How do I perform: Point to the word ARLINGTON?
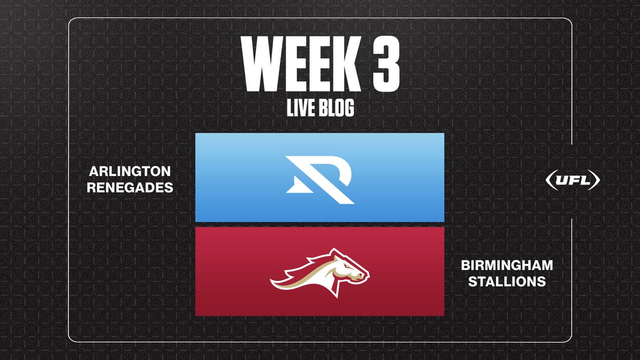tap(130, 172)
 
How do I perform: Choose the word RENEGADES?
tap(130, 188)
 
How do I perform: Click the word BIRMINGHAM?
tap(506, 266)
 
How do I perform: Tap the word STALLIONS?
tap(506, 282)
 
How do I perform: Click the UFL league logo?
tap(572, 180)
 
